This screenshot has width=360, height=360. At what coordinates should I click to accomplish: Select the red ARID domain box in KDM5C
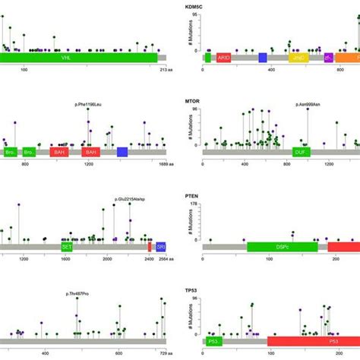tap(224, 57)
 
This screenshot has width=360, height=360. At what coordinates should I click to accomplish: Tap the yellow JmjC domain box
tap(298, 57)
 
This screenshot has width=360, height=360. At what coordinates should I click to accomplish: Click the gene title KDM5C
tap(197, 6)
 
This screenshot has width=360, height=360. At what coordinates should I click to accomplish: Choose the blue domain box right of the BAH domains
tap(122, 152)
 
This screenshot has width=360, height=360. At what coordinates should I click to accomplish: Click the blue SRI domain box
tap(160, 247)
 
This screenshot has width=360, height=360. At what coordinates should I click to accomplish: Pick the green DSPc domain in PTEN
tap(282, 247)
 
